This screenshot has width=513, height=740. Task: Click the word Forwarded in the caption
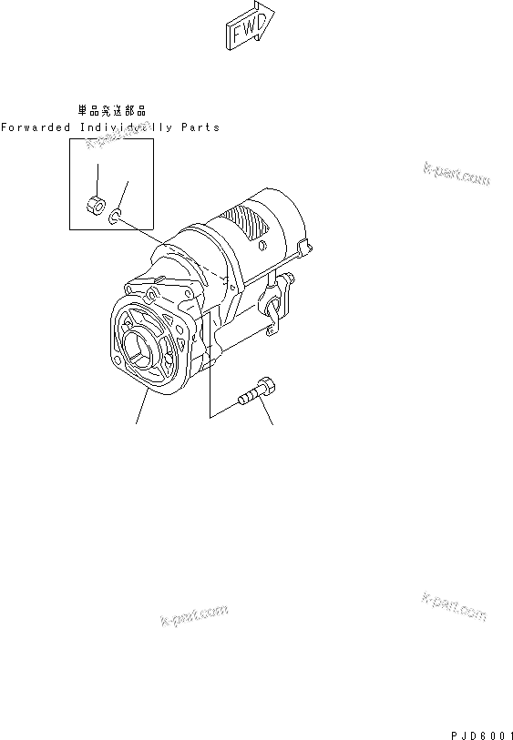coord(36,127)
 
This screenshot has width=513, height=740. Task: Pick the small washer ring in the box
coord(116,218)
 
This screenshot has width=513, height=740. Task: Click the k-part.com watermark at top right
coord(457,174)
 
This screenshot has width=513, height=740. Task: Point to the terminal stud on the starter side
coord(288,278)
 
